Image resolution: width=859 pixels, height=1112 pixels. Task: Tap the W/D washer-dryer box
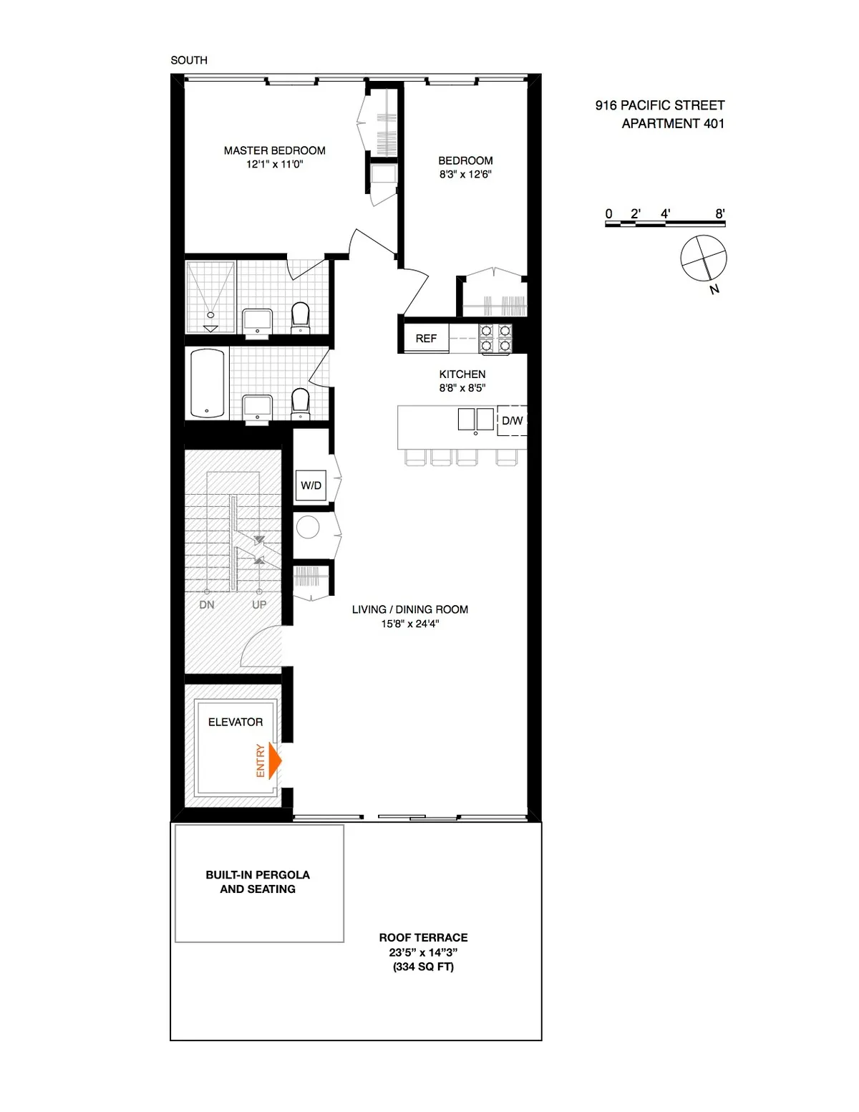(311, 485)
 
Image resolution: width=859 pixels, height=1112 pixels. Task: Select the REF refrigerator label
(426, 338)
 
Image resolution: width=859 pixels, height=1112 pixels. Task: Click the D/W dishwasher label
(512, 421)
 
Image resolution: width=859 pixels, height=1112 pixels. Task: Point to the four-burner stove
(496, 338)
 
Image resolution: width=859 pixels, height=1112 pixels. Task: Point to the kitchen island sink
(475, 420)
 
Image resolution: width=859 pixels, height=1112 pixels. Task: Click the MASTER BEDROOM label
(274, 150)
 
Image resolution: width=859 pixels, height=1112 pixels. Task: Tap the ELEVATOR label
(236, 722)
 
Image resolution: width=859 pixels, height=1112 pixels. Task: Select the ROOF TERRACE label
(423, 937)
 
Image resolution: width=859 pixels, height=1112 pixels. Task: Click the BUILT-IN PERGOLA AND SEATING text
(258, 881)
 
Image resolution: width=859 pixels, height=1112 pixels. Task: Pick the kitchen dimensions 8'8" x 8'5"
(462, 388)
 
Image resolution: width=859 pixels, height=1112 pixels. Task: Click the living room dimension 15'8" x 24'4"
(409, 624)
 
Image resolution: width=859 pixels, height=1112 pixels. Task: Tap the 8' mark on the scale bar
(720, 213)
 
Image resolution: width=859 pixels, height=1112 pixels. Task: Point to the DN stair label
(207, 604)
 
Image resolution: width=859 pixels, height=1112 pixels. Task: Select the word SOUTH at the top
(189, 60)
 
